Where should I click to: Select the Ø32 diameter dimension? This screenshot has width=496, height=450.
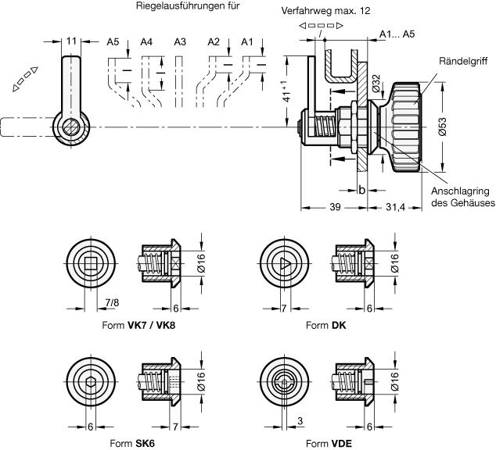[x=376, y=81]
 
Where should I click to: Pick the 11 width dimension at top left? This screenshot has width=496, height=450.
[x=70, y=40]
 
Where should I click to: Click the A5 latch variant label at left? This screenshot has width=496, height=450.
[x=113, y=41]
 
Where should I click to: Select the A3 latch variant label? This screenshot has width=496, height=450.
[x=179, y=41]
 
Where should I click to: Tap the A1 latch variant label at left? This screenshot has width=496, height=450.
[x=247, y=41]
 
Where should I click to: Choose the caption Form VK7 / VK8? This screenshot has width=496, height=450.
[x=145, y=324]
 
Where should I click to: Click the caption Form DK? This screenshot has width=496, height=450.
[x=326, y=324]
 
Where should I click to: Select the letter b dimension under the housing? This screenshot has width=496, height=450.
[x=362, y=189]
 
